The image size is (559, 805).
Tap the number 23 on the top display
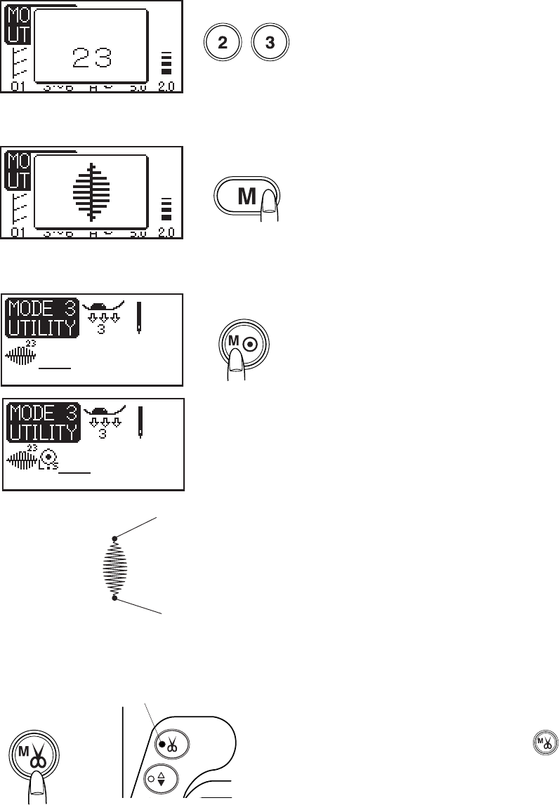click(x=93, y=58)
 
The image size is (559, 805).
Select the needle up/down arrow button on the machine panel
click(x=162, y=779)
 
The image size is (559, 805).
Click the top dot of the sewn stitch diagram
click(x=115, y=539)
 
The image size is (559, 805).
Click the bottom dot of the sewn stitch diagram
click(x=115, y=598)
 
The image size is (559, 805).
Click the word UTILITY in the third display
click(x=41, y=326)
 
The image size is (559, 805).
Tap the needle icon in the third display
click(x=138, y=318)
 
